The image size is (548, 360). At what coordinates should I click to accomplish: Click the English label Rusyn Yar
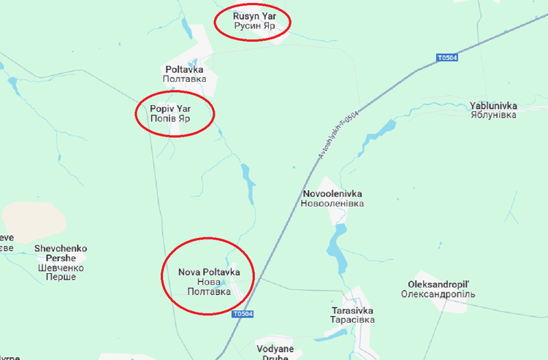(252, 15)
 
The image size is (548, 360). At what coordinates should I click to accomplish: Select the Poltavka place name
(184, 69)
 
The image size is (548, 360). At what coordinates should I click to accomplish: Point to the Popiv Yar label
(170, 109)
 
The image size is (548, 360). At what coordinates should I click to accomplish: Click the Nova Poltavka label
(209, 272)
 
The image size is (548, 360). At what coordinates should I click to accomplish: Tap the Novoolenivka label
(331, 194)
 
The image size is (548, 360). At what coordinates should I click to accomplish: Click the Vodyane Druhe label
(275, 349)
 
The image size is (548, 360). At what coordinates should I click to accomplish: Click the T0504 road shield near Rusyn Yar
(446, 58)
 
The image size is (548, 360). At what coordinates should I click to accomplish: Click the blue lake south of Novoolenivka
(337, 244)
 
